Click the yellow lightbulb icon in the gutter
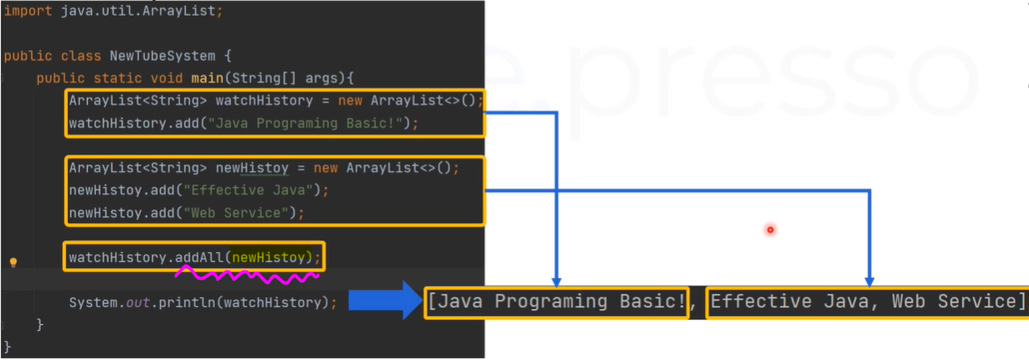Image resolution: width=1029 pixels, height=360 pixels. [13, 262]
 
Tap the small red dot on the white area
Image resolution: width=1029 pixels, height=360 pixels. [769, 229]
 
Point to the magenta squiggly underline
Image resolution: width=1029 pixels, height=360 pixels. [247, 273]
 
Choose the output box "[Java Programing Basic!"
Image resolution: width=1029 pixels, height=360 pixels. [556, 301]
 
